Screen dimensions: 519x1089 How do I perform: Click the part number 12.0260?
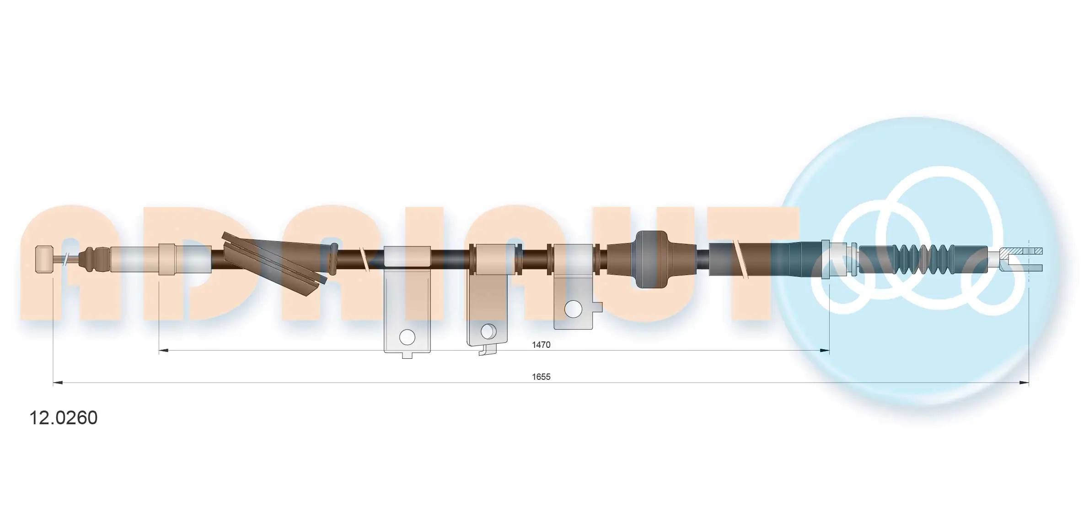click(x=63, y=418)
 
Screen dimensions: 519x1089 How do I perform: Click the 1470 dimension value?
click(x=541, y=345)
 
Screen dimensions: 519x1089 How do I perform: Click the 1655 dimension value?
click(x=541, y=377)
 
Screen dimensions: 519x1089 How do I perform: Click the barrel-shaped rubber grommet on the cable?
click(x=652, y=259)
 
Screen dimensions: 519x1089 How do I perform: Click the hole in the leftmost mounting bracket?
click(x=407, y=337)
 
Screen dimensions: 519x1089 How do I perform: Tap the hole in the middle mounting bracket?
click(x=488, y=331)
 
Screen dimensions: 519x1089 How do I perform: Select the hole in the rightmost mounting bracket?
click(x=573, y=309)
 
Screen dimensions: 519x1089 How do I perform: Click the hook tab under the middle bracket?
click(x=488, y=350)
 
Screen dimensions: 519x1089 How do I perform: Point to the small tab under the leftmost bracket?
click(x=407, y=355)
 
